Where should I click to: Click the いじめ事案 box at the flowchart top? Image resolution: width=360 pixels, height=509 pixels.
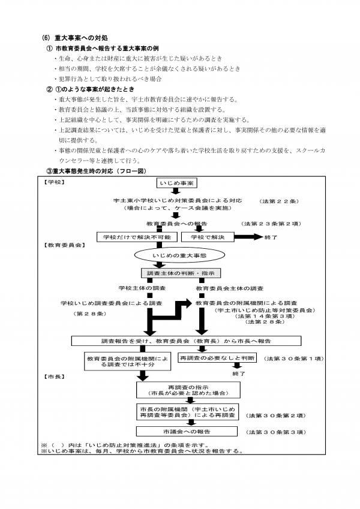pos(177,183)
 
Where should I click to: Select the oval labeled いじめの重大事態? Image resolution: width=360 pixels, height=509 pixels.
pos(179,255)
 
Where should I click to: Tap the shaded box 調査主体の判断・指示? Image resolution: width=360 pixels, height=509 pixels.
pos(181,273)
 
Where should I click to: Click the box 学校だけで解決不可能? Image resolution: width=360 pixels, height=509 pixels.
pos(137,237)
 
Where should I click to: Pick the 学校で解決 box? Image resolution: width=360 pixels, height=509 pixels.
pos(207,237)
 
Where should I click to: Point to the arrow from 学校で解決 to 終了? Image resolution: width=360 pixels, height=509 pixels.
pos(248,237)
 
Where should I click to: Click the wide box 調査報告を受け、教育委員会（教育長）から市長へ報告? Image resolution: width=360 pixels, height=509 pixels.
pos(186,341)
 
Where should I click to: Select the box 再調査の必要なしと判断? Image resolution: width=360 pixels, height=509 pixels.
pos(217,358)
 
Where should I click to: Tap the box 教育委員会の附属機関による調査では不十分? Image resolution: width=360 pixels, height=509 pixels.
pos(127,362)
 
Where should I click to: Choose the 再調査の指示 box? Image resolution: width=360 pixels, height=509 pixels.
pos(188,390)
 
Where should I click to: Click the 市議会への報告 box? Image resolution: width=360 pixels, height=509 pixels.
pos(187,432)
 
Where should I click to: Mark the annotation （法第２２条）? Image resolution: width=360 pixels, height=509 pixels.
pos(279,201)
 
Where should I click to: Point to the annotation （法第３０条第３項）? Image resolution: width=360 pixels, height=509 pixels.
pos(276,432)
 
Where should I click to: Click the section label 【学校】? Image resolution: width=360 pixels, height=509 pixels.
pos(54,182)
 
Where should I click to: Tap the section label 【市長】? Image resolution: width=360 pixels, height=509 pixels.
pos(54,377)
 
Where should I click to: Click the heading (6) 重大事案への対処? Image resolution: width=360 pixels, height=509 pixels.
pos(75,38)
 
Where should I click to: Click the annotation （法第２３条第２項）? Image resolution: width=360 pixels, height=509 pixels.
pos(272,224)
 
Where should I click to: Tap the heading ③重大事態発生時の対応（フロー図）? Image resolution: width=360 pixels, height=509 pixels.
pos(97,171)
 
